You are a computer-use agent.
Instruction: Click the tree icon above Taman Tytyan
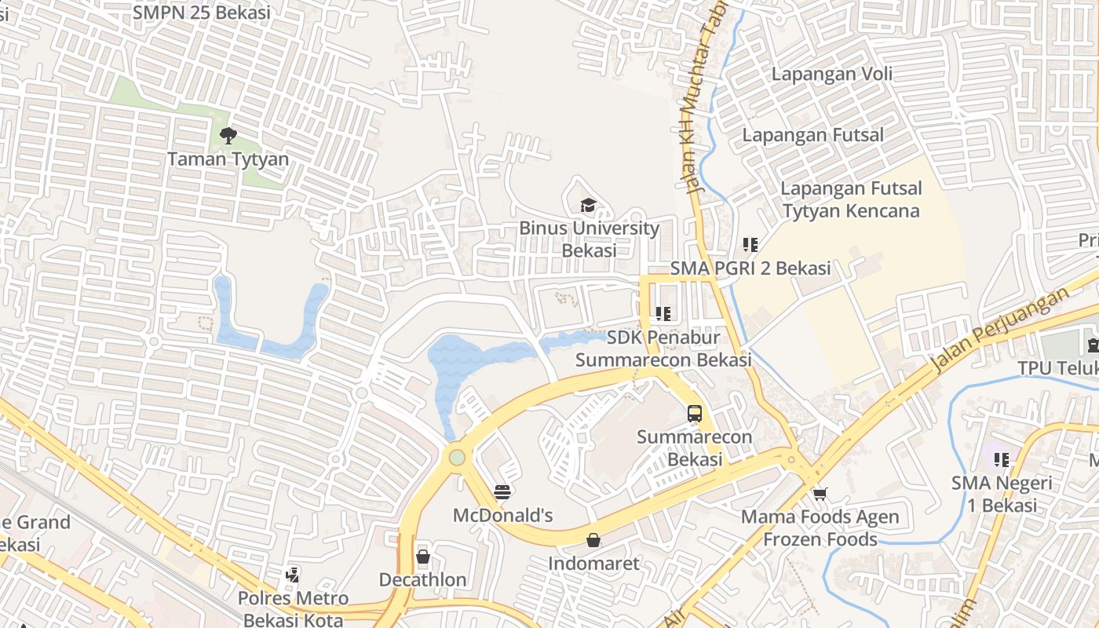[228, 136]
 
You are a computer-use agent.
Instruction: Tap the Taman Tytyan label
[228, 159]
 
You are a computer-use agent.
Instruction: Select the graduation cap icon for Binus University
[588, 206]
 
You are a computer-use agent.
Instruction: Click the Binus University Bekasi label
[589, 239]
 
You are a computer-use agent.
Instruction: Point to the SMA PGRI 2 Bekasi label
[750, 268]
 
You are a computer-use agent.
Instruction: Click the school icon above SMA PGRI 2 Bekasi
[750, 245]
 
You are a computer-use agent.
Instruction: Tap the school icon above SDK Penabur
[663, 314]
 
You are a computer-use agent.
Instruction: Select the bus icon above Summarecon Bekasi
[694, 414]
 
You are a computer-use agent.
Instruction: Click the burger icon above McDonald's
[503, 493]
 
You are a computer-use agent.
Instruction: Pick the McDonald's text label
[503, 516]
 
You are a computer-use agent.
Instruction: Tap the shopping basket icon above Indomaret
[593, 540]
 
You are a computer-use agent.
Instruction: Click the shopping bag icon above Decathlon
[423, 557]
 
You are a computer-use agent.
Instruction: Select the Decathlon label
[423, 580]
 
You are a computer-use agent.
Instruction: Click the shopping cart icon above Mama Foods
[820, 494]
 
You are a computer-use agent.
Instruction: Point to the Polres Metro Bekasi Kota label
[293, 609]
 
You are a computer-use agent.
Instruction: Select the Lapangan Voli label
[832, 75]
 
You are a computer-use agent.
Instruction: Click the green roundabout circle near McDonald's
[457, 457]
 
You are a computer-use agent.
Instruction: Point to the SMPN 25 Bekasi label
[202, 12]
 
